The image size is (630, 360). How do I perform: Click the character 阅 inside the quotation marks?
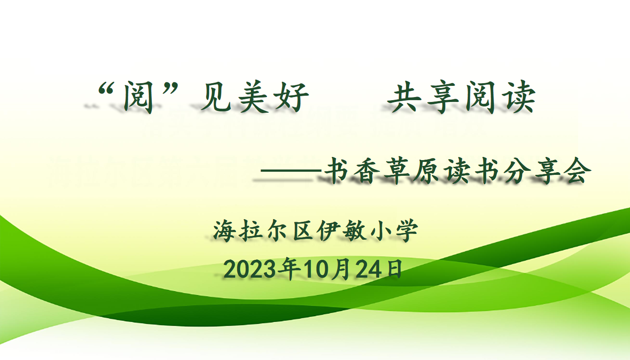(138, 97)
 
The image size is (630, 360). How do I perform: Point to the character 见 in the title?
(216, 97)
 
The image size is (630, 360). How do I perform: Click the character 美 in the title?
(253, 97)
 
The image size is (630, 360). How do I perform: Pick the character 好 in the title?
(292, 97)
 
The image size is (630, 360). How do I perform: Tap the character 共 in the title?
(404, 97)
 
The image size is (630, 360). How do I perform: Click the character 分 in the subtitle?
(517, 170)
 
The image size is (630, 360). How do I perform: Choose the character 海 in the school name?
(224, 231)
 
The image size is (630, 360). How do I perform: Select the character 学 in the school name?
(407, 231)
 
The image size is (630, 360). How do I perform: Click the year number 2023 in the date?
(250, 269)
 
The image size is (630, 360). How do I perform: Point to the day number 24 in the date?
(369, 269)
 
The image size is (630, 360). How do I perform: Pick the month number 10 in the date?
(316, 269)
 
